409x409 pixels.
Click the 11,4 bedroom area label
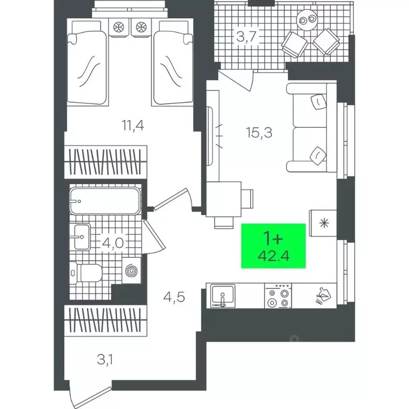[133, 126]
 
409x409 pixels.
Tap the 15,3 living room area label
[259, 132]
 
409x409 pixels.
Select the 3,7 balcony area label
[247, 37]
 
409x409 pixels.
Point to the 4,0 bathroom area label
[113, 243]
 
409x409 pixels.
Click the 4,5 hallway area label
[174, 297]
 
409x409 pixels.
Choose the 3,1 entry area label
[105, 360]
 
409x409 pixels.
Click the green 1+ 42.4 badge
[273, 246]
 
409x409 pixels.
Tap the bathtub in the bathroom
[105, 201]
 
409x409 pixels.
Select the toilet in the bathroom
[86, 273]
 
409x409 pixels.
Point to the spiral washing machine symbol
[131, 271]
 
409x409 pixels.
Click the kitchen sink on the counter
[223, 296]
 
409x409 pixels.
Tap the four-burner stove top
[278, 296]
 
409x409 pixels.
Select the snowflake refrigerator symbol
[324, 223]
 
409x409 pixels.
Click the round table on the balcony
[307, 20]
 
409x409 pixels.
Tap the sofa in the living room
[312, 128]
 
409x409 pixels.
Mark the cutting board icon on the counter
[323, 295]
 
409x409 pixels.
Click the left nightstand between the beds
[119, 27]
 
